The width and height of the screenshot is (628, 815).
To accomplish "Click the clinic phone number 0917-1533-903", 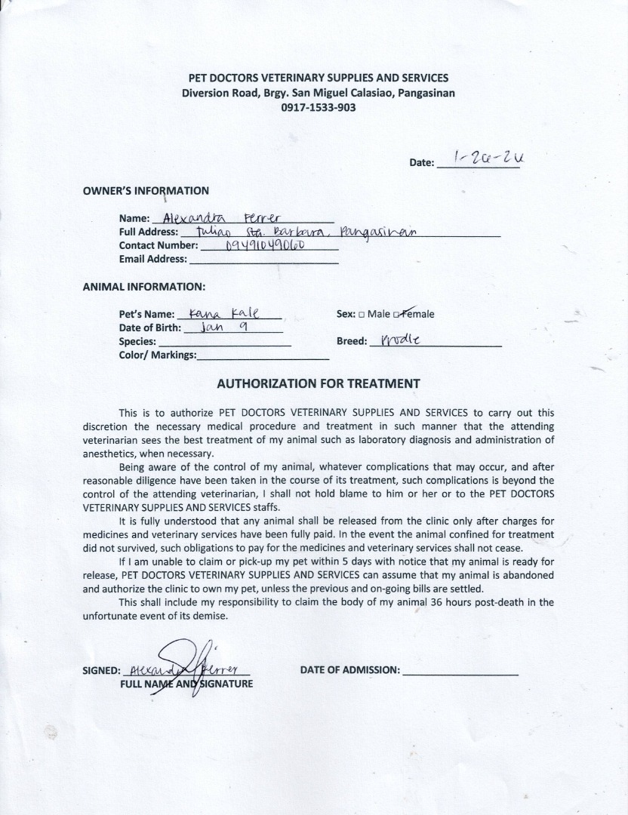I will (x=318, y=108).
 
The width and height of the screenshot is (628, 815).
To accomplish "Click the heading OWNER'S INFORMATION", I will (x=146, y=191).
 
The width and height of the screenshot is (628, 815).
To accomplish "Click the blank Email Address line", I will (x=263, y=260).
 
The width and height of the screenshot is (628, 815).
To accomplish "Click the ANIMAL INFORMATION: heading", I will (x=143, y=287).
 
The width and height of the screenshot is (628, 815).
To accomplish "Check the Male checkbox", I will (x=362, y=315).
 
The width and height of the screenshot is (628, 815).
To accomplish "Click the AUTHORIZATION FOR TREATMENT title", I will (x=318, y=383).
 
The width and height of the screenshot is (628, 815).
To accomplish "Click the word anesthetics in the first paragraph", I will (x=109, y=454).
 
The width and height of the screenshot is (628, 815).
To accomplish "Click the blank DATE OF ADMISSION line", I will (x=460, y=670).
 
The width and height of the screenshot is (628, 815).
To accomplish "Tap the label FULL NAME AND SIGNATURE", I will (x=186, y=684).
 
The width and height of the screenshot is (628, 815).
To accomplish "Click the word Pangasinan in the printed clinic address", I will (x=421, y=94).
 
